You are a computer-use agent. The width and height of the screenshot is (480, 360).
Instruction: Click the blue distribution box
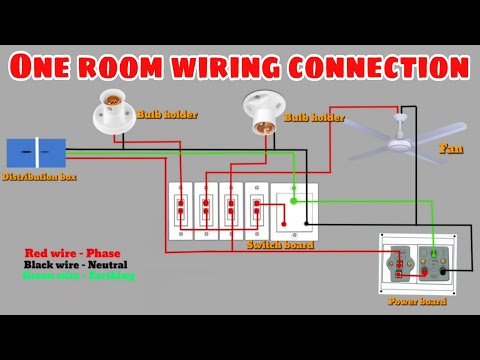(x=36, y=152)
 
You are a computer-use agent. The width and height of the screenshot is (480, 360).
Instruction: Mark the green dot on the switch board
(x=293, y=201)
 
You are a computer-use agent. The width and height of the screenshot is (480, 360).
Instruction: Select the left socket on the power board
(x=401, y=261)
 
